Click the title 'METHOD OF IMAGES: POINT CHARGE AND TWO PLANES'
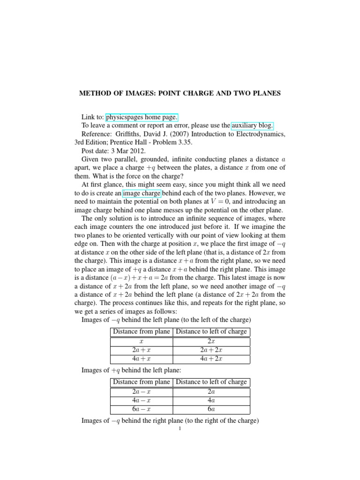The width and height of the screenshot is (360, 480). (x=180, y=93)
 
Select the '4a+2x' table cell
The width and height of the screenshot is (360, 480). (x=211, y=359)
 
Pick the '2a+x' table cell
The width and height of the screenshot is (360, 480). (x=142, y=350)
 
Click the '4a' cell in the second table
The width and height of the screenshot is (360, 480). (x=211, y=399)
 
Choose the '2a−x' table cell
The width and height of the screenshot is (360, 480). (x=142, y=391)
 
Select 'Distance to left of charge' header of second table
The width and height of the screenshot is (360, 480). (x=211, y=382)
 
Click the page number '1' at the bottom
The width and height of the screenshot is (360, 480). (x=180, y=428)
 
